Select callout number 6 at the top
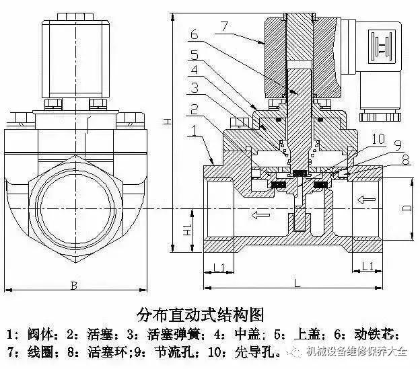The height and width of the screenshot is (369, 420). click(x=193, y=33)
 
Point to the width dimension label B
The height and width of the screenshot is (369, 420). click(x=73, y=286)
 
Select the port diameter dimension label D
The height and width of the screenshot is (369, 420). click(x=407, y=208)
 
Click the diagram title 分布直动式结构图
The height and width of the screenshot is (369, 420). click(x=199, y=314)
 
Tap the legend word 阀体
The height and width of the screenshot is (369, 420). click(x=39, y=333)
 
